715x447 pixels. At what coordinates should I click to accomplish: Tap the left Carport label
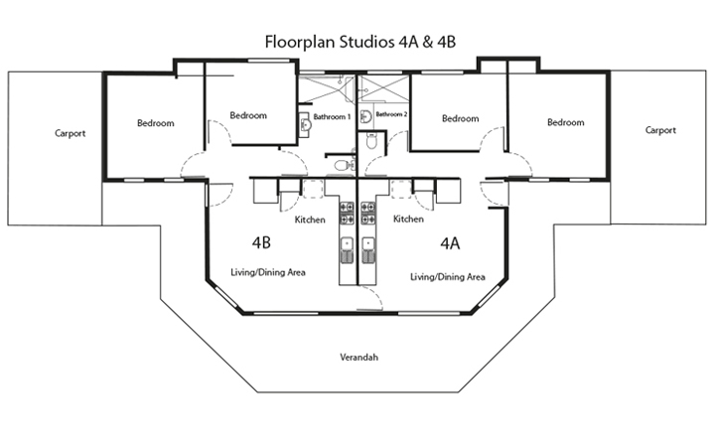[70, 132]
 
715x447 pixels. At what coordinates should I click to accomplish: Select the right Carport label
[660, 130]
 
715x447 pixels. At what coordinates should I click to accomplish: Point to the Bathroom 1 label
[332, 117]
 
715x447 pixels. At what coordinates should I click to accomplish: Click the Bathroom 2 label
[391, 114]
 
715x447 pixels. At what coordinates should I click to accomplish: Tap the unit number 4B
[261, 241]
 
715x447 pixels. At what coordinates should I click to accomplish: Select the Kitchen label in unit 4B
[310, 220]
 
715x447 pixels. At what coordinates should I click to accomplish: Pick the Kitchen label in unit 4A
[408, 219]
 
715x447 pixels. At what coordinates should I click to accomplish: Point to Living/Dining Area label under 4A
[447, 277]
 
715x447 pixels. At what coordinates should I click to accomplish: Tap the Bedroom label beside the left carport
[156, 123]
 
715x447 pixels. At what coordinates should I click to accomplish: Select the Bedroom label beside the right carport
[565, 122]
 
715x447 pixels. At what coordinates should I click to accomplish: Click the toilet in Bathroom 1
[341, 164]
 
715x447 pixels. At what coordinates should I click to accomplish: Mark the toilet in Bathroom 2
[371, 141]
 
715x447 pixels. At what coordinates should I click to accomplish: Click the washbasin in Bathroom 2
[365, 116]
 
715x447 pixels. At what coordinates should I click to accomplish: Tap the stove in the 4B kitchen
[347, 211]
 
